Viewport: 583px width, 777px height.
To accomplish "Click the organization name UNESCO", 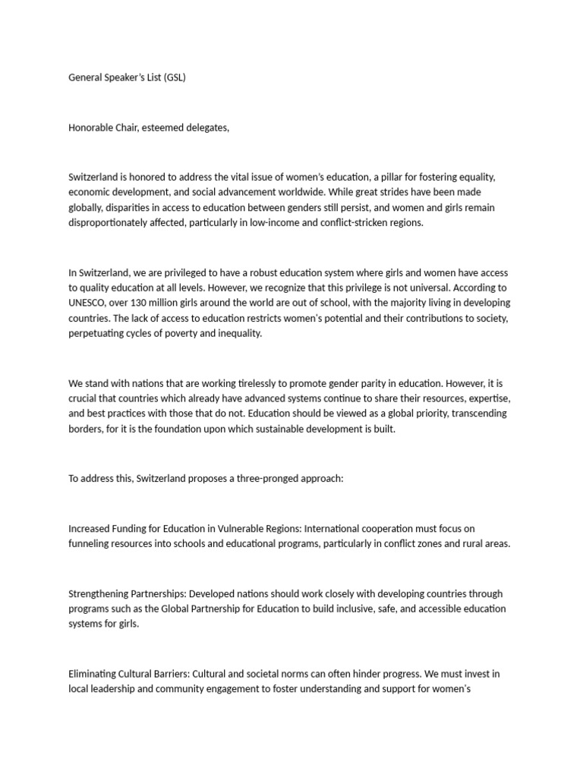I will [x=87, y=303].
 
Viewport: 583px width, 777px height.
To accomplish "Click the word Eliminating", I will [x=93, y=674].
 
